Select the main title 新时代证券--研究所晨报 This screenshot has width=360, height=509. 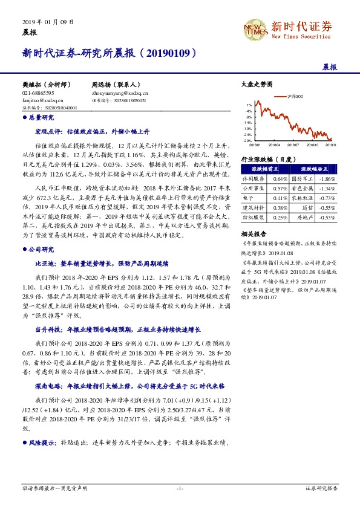point(109,53)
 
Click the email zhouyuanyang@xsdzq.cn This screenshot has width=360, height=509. point(119,94)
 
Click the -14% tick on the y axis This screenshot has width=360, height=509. point(248,122)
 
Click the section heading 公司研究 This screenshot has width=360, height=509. point(41,249)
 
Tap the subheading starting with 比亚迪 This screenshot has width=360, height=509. point(114,264)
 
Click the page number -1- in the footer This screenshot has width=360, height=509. point(180,487)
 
